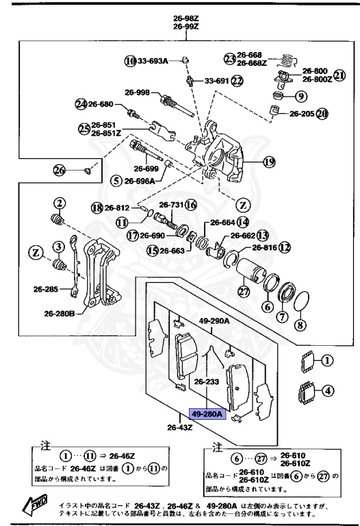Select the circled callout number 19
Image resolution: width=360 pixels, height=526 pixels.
268,162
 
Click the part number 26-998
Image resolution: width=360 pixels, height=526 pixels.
137,92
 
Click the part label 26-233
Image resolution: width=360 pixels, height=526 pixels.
206,382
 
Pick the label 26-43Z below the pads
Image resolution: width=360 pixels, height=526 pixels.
180,429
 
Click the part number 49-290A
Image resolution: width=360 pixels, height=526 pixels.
214,319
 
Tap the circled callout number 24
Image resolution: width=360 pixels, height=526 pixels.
81,104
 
